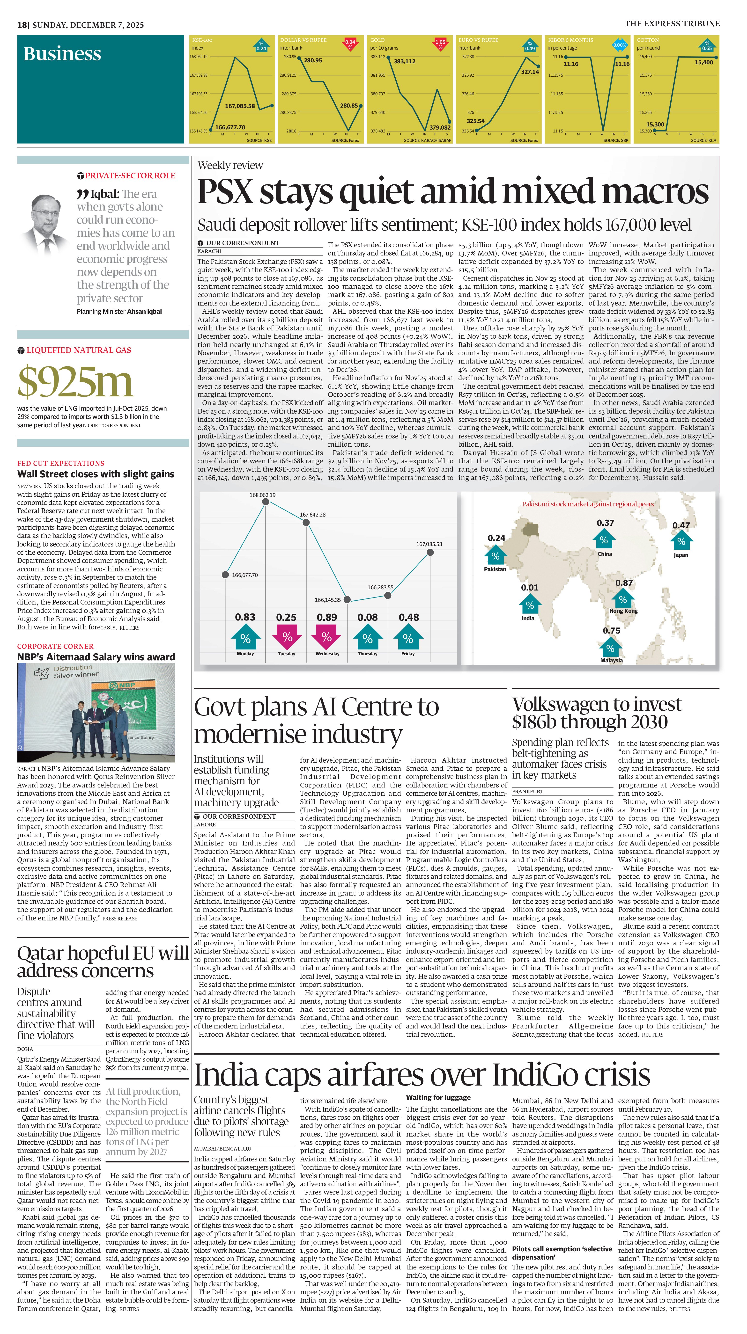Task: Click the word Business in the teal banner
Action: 62,54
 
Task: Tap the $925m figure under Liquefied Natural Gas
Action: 76,382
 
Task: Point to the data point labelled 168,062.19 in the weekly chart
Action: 265,501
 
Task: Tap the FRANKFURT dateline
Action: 527,791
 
